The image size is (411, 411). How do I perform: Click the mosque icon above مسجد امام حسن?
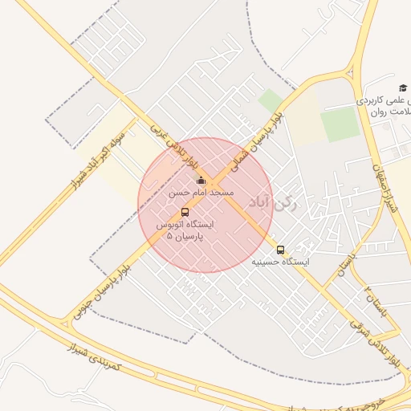point(201,181)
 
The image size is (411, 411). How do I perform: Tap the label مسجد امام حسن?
point(201,193)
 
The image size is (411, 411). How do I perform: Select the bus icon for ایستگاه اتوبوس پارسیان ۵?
point(185,213)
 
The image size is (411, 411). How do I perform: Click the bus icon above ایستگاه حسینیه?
point(280,250)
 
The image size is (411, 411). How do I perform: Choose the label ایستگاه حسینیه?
point(280,262)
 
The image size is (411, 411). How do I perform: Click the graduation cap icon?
point(403,88)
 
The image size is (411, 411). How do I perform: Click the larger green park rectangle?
point(340,124)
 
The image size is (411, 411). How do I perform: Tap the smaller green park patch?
point(271,100)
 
